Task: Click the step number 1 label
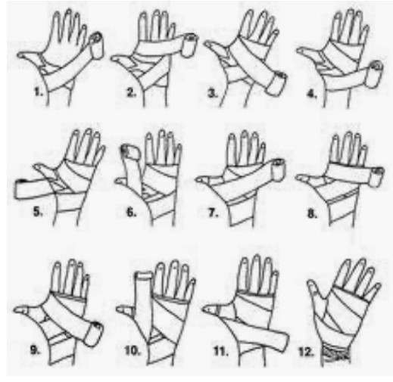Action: coord(38,92)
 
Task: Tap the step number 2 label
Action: coord(132,93)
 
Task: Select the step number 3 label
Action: coord(213,94)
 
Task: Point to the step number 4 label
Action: coord(312,94)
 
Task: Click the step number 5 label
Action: coord(38,212)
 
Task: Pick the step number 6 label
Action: coord(131,213)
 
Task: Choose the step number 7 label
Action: coord(213,213)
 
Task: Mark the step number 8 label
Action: coord(312,214)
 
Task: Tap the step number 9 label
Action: coord(35,349)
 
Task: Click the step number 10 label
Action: coord(132,350)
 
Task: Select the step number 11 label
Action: coord(221,351)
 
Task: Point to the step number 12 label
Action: coord(306,352)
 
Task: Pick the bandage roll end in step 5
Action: coord(18,188)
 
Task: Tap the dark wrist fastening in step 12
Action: coord(335,353)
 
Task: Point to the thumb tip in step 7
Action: coord(198,179)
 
